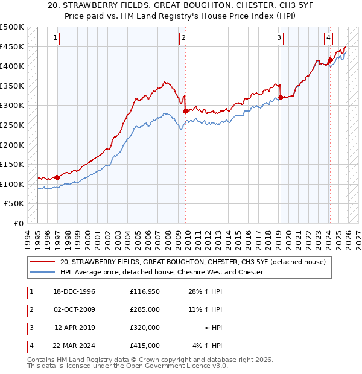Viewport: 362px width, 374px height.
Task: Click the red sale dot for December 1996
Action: click(57, 177)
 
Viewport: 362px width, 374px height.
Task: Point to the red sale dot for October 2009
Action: click(185, 111)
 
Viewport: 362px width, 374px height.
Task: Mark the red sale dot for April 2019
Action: click(281, 97)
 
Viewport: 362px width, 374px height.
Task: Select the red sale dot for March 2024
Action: click(330, 60)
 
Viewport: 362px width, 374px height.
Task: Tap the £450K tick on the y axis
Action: click(12, 46)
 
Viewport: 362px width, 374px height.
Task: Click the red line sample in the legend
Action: click(43, 262)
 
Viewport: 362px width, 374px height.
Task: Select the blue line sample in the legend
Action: click(43, 272)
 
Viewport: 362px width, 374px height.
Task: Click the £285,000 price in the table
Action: click(145, 309)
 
